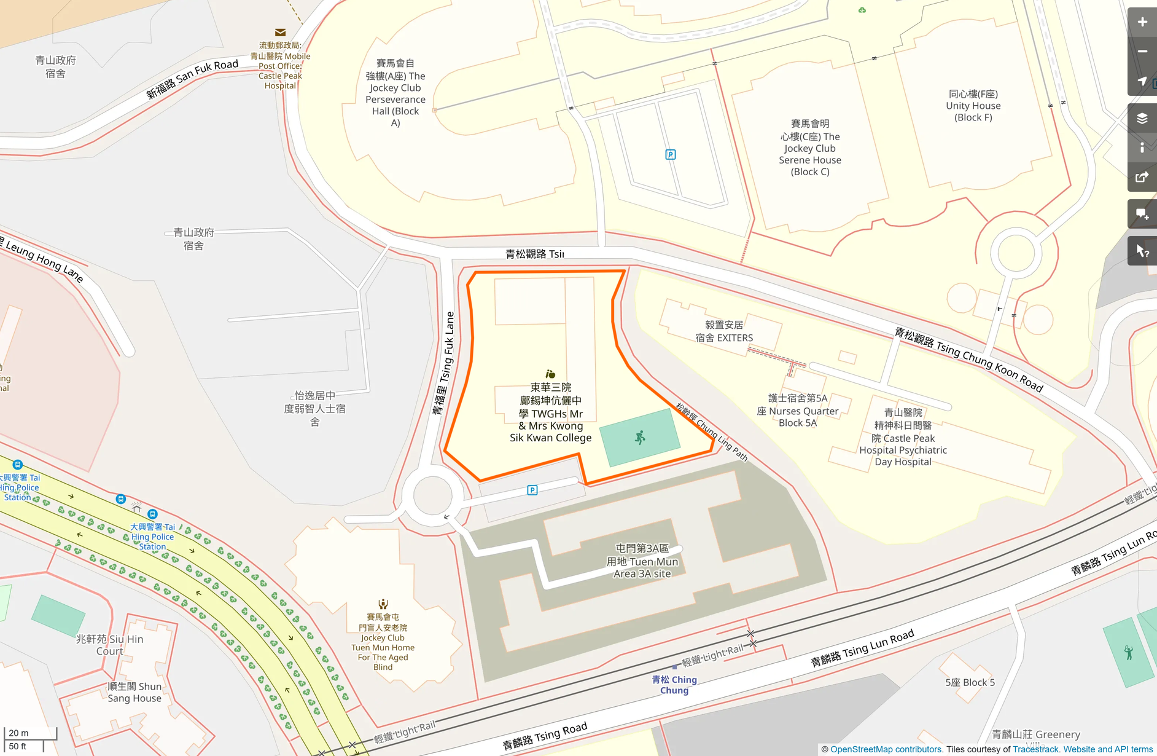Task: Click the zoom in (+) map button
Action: pyautogui.click(x=1142, y=22)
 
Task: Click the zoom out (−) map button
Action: pyautogui.click(x=1142, y=52)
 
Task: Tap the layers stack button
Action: pyautogui.click(x=1142, y=119)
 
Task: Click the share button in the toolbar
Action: pyautogui.click(x=1142, y=178)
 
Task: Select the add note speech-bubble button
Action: pyautogui.click(x=1142, y=215)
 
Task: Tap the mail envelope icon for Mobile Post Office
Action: pyautogui.click(x=280, y=33)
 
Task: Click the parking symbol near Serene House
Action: pyautogui.click(x=671, y=154)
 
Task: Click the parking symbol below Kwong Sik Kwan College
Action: pyautogui.click(x=532, y=490)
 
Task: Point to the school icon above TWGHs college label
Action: pyautogui.click(x=550, y=374)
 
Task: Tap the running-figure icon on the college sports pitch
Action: pyautogui.click(x=640, y=438)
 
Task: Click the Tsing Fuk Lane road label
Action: pyautogui.click(x=444, y=363)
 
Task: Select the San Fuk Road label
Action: pyautogui.click(x=192, y=79)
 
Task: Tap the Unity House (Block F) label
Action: pyautogui.click(x=973, y=106)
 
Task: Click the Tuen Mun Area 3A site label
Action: pyautogui.click(x=642, y=561)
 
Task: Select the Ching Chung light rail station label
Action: pyautogui.click(x=674, y=685)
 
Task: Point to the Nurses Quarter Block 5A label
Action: pyautogui.click(x=797, y=411)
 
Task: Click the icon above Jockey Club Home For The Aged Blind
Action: pyautogui.click(x=383, y=604)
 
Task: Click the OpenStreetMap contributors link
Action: pyautogui.click(x=886, y=749)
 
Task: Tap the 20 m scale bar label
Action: pyautogui.click(x=19, y=733)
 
